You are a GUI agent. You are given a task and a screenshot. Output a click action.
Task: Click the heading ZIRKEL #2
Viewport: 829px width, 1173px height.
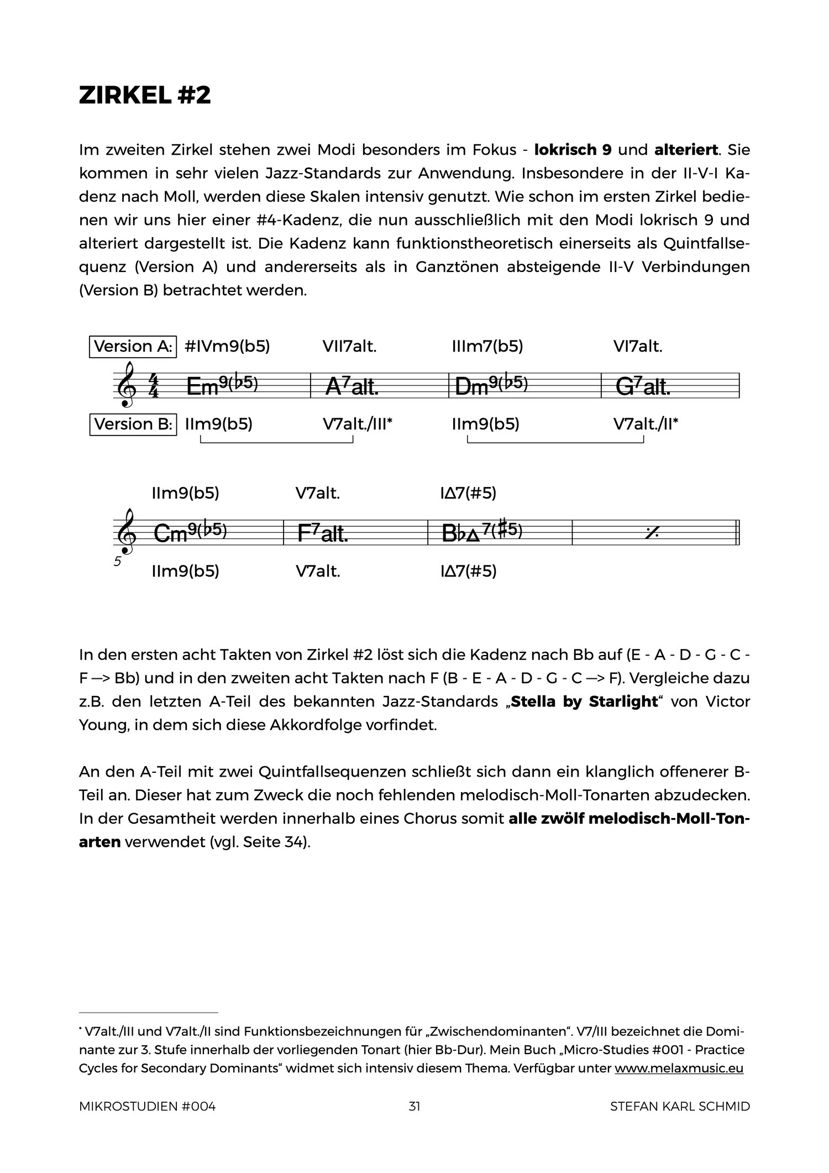(x=145, y=96)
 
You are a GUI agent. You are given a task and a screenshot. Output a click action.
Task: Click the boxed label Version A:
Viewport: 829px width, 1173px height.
(x=133, y=347)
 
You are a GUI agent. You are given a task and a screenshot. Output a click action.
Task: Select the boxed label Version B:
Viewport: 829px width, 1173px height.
(x=133, y=424)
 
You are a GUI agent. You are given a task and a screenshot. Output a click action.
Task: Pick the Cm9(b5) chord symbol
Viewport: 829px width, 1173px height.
(x=190, y=532)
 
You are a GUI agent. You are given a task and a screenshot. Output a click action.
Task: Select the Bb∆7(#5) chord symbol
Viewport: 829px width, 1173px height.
(x=482, y=532)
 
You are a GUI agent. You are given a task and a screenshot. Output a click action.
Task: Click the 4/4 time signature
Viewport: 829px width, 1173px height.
(x=154, y=385)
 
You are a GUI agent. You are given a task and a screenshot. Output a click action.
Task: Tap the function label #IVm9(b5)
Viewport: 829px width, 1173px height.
(x=227, y=347)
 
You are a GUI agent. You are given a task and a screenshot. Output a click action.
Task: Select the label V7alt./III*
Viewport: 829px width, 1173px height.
(x=358, y=424)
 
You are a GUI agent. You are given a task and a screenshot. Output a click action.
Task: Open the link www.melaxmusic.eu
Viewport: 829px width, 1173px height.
(x=679, y=1068)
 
